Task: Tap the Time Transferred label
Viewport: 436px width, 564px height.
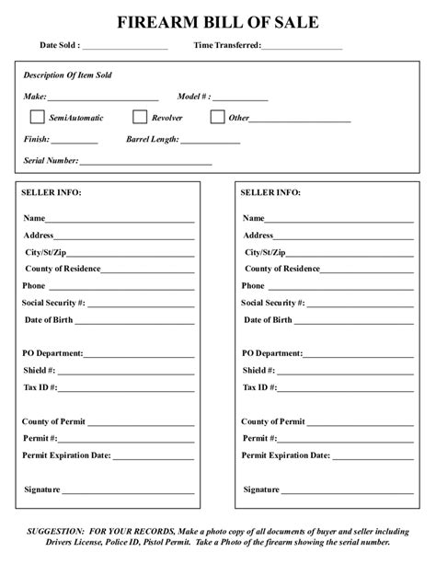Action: pyautogui.click(x=227, y=45)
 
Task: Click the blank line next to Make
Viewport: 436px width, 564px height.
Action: pyautogui.click(x=103, y=97)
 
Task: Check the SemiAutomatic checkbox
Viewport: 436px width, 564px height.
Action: pyautogui.click(x=37, y=117)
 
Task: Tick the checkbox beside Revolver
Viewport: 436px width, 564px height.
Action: pyautogui.click(x=140, y=117)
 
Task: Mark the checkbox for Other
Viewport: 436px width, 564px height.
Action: pyautogui.click(x=217, y=117)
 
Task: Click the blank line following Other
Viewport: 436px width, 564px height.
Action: pyautogui.click(x=301, y=120)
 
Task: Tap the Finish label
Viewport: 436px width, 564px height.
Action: pyautogui.click(x=37, y=140)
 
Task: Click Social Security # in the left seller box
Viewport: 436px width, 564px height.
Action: pyautogui.click(x=54, y=302)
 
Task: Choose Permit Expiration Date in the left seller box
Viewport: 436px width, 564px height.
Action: pyautogui.click(x=66, y=455)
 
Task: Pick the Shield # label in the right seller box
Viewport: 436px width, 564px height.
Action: pyautogui.click(x=258, y=370)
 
